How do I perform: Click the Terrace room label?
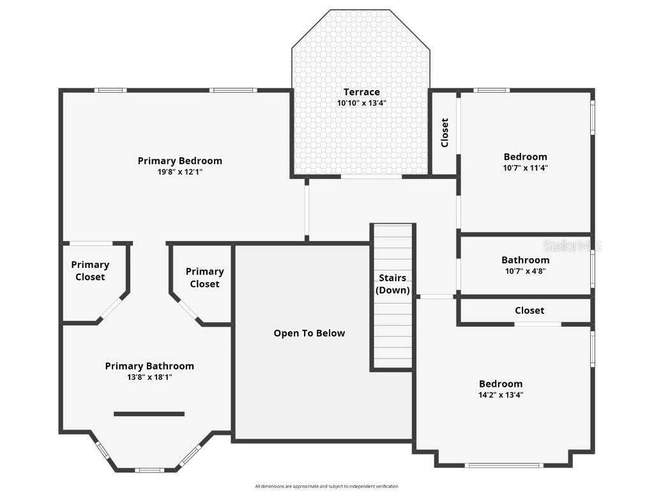pyautogui.click(x=361, y=92)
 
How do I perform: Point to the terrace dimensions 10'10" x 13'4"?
pyautogui.click(x=361, y=103)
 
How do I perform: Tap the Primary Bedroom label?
pyautogui.click(x=179, y=160)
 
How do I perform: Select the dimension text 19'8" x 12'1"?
pyautogui.click(x=179, y=172)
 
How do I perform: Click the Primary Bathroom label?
pyautogui.click(x=149, y=366)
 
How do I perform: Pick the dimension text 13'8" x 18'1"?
pyautogui.click(x=149, y=377)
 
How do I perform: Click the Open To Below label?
pyautogui.click(x=309, y=333)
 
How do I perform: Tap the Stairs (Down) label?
pyautogui.click(x=392, y=284)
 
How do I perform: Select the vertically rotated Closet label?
pyautogui.click(x=445, y=132)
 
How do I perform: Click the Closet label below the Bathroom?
pyautogui.click(x=529, y=310)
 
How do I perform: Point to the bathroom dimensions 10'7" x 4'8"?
pyautogui.click(x=525, y=271)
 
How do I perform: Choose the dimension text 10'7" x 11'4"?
pyautogui.click(x=525, y=168)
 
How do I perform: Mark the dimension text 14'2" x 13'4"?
pyautogui.click(x=501, y=395)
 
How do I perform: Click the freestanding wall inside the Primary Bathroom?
pyautogui.click(x=149, y=414)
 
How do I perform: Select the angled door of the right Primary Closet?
pyautogui.click(x=186, y=308)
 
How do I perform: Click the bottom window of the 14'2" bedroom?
pyautogui.click(x=504, y=465)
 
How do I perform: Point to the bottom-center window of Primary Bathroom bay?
pyautogui.click(x=149, y=471)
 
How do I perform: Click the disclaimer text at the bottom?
pyautogui.click(x=326, y=487)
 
